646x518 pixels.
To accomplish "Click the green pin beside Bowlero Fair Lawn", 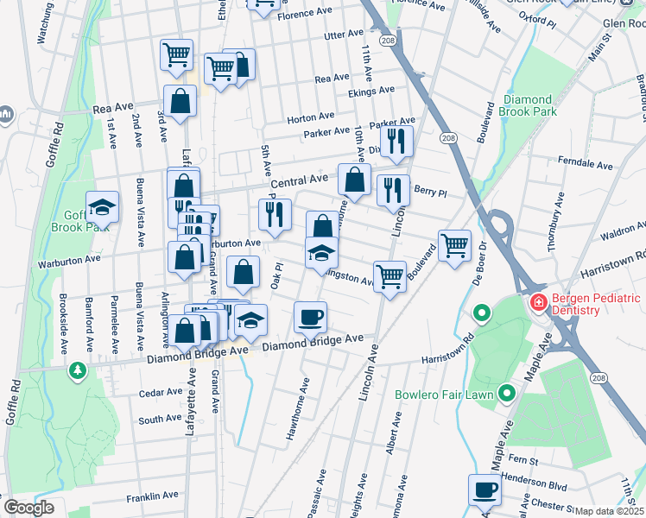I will pyautogui.click(x=506, y=395).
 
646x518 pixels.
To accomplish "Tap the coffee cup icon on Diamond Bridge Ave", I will pyautogui.click(x=310, y=317).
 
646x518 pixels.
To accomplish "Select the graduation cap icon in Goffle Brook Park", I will pyautogui.click(x=102, y=206).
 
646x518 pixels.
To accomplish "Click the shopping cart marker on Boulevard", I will pyautogui.click(x=454, y=244).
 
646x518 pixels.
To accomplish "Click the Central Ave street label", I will pyautogui.click(x=299, y=181).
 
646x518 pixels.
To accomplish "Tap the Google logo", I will pyautogui.click(x=28, y=508).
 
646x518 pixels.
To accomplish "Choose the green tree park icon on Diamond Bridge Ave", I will pyautogui.click(x=79, y=370).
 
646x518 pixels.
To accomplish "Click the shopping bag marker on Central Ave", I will pyautogui.click(x=354, y=180).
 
